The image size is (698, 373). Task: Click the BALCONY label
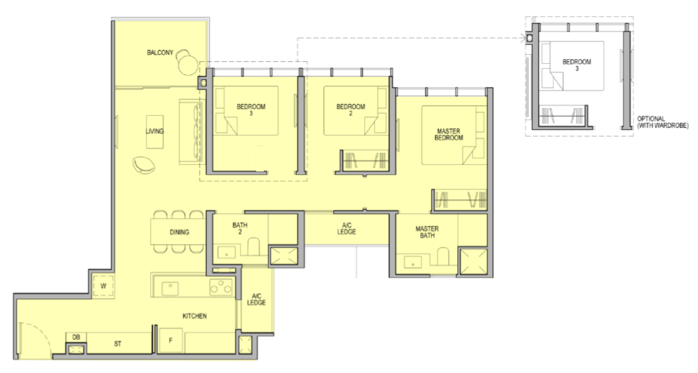coord(160,53)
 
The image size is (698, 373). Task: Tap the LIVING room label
coord(154,131)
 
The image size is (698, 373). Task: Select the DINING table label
coord(180,233)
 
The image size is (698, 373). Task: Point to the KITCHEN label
coord(194,316)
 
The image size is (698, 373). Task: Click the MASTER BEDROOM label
coord(449,135)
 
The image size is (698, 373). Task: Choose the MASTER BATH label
coord(427,232)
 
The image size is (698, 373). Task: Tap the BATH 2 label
coord(240,228)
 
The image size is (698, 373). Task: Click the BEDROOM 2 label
coord(351,110)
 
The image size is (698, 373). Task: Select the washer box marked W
coord(103,286)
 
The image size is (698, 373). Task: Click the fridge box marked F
coord(170,341)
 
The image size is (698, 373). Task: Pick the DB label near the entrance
coord(76,337)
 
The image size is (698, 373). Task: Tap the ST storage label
coord(118,343)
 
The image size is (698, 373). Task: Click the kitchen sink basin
coord(170,288)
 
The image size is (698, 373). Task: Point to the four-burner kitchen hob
coord(221,287)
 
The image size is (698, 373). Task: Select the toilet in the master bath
coord(443,256)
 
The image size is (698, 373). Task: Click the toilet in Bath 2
coord(253,247)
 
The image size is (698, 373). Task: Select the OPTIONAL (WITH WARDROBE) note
coord(663,122)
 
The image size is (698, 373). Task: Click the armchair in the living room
coord(144,164)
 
